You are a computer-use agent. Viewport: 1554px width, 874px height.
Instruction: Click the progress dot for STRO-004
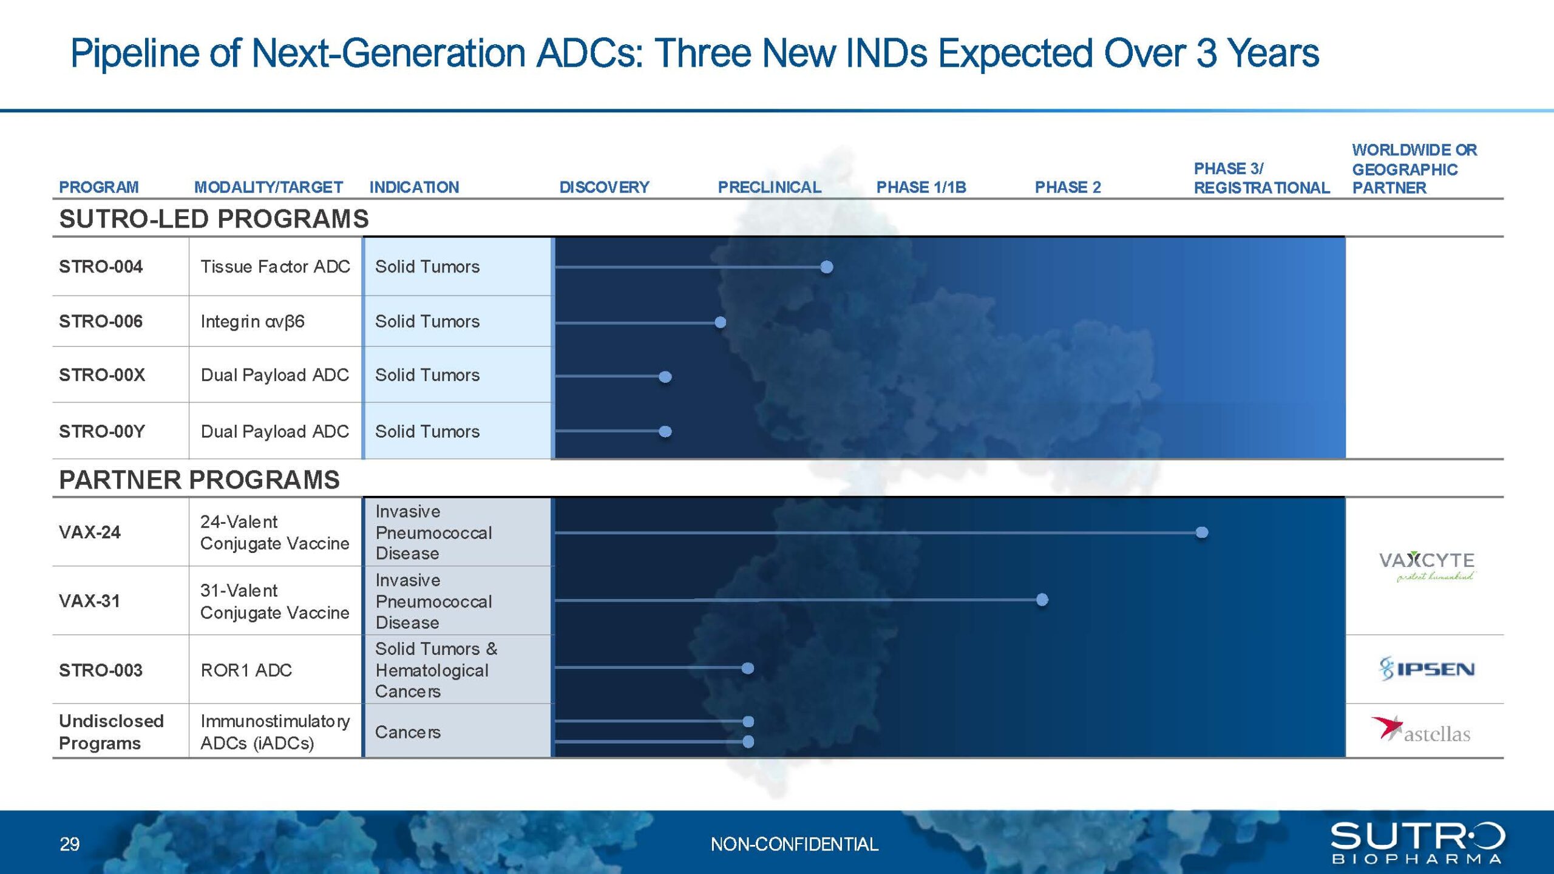[826, 266]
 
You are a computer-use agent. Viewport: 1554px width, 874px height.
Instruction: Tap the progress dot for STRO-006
[720, 322]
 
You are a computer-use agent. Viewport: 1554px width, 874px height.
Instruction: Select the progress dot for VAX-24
[1201, 532]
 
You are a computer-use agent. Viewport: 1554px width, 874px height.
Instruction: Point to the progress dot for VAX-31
[1042, 600]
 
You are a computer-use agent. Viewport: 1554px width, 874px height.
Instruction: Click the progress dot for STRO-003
[748, 668]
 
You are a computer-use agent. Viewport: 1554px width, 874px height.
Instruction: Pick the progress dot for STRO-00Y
[665, 432]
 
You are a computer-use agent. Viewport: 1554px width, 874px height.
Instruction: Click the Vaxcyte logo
[1427, 566]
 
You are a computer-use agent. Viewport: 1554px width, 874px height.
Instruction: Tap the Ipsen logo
[1427, 669]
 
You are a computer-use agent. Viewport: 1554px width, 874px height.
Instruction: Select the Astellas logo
[1421, 730]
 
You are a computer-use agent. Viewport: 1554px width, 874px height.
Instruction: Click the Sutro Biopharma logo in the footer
[1417, 843]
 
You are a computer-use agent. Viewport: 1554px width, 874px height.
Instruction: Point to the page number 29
[70, 844]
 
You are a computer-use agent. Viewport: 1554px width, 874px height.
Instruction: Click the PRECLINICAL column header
[770, 188]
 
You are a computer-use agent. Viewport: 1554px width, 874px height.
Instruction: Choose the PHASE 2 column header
[1068, 188]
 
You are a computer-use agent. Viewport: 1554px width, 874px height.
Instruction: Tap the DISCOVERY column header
[604, 188]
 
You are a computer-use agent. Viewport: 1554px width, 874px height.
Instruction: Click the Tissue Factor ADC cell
[276, 266]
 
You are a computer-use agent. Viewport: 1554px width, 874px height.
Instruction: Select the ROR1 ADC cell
[246, 670]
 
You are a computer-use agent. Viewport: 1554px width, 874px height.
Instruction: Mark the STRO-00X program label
[102, 375]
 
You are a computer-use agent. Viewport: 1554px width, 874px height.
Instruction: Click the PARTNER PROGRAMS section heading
[199, 479]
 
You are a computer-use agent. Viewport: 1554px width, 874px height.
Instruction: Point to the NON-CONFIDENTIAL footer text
[794, 844]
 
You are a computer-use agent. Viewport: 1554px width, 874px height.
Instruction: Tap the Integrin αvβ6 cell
[253, 322]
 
